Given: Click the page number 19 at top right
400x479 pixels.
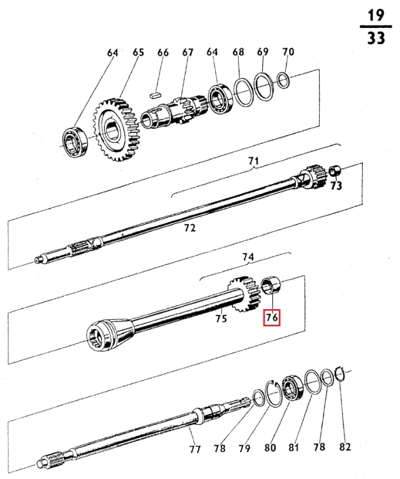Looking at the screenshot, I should [376, 15].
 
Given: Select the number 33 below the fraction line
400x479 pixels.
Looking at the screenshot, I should [376, 38].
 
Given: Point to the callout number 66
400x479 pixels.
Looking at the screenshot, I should [163, 52].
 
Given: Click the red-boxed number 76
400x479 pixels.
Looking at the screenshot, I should [272, 317].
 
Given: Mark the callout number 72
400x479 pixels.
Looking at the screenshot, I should [189, 227].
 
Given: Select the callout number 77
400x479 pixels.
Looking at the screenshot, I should [195, 448].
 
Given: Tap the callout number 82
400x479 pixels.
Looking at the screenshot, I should [345, 447].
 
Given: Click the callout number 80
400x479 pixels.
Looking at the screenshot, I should [270, 448].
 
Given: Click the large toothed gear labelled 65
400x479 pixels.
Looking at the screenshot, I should [115, 131].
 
